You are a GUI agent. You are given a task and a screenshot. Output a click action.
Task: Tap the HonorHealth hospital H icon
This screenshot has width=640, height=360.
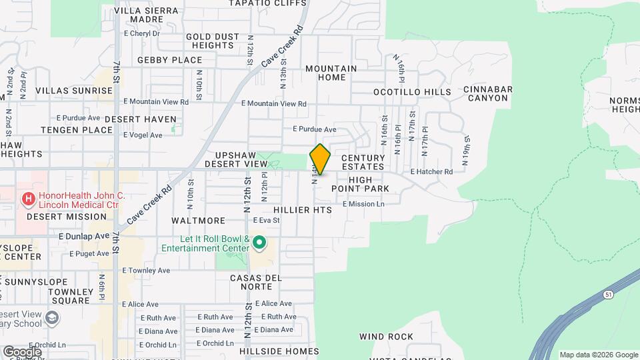tap(28, 199)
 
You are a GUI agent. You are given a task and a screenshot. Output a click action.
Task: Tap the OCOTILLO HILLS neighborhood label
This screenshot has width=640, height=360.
tap(412, 92)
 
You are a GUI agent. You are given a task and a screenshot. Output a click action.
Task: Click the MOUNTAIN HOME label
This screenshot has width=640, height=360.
tap(331, 73)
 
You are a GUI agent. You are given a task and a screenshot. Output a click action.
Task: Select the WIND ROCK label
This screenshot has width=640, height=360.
tap(386, 337)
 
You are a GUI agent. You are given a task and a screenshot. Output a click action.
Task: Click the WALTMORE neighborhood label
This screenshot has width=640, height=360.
tap(198, 221)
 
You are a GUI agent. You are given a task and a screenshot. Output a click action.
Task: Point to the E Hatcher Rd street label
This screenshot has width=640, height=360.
tap(431, 172)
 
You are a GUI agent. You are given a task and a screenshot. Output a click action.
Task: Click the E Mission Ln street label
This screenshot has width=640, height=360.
tap(363, 204)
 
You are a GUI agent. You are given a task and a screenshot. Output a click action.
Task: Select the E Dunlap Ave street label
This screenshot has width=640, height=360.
tap(83, 236)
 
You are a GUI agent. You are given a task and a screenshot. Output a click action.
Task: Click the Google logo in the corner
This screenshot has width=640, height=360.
tap(22, 351)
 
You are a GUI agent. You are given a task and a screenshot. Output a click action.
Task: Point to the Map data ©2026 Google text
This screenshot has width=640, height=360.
tap(598, 355)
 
